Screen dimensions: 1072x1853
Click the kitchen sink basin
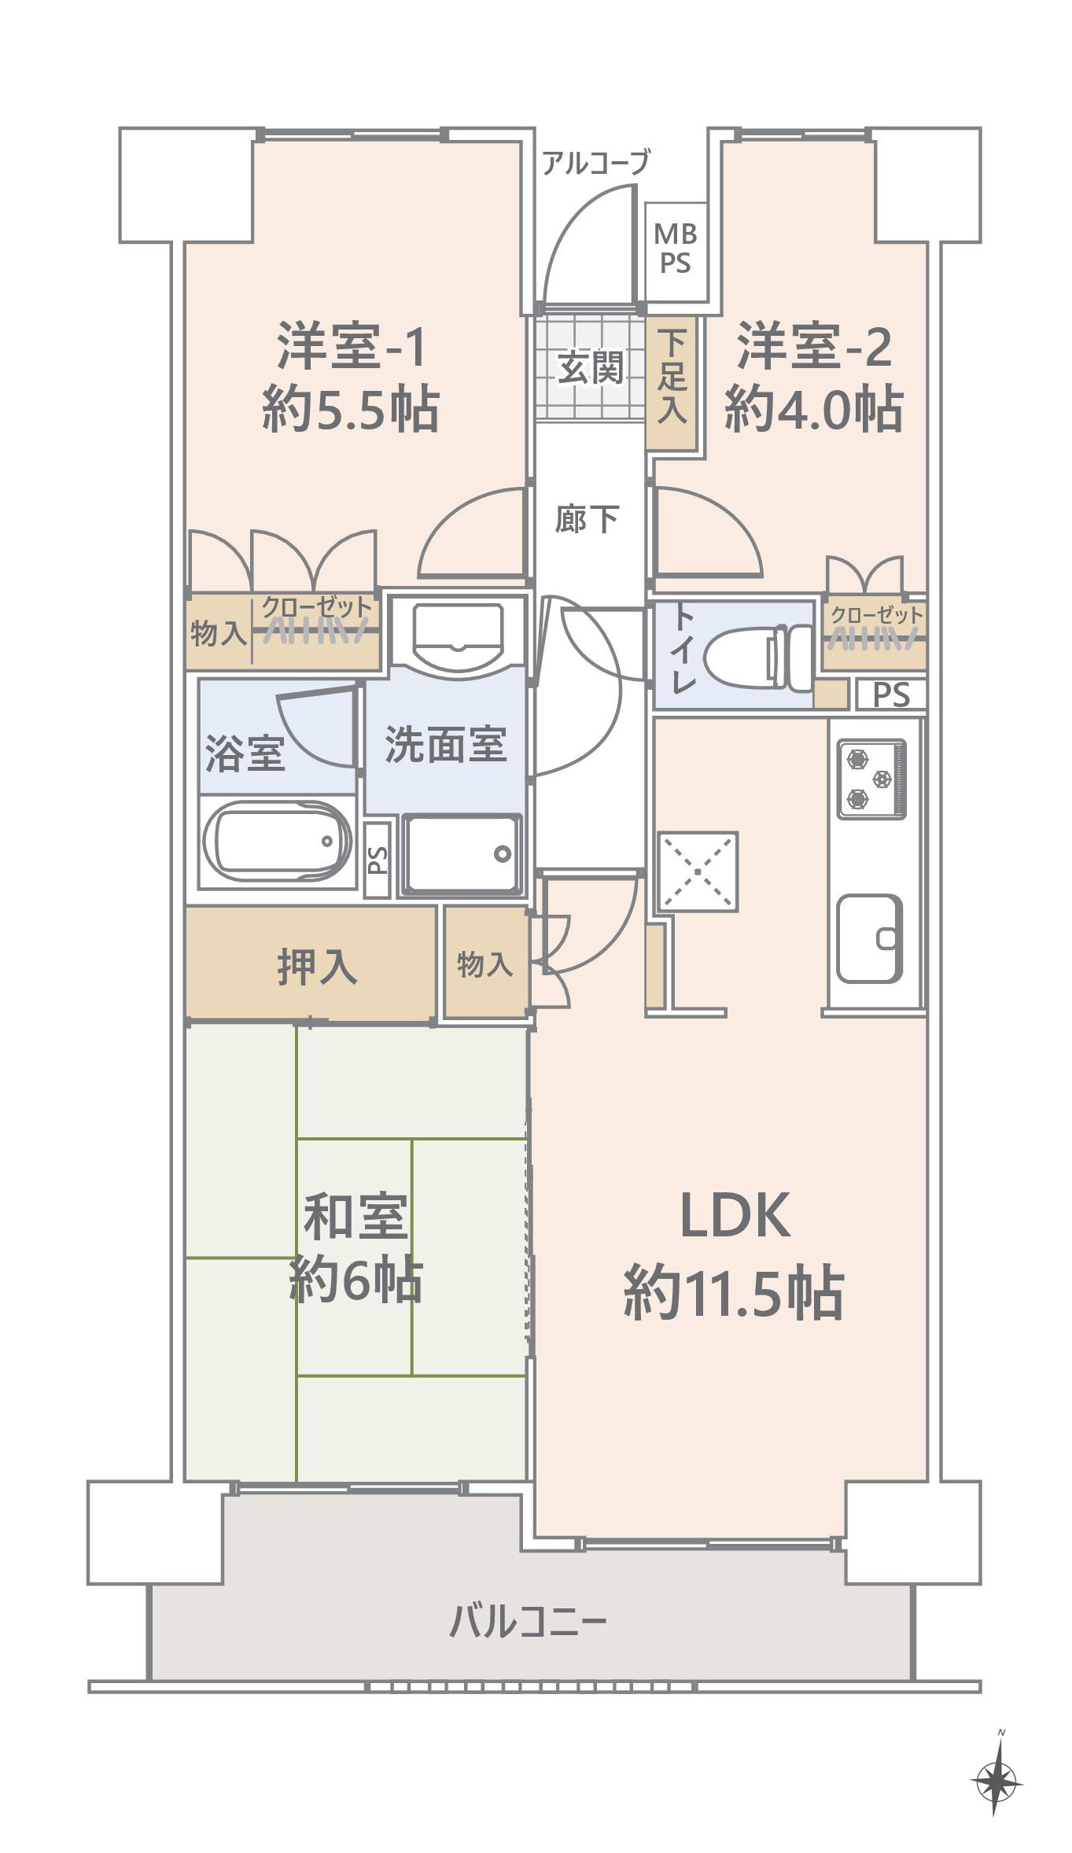pyautogui.click(x=869, y=938)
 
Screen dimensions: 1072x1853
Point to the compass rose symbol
pyautogui.click(x=996, y=1781)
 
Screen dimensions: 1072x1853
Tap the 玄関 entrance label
pyautogui.click(x=591, y=367)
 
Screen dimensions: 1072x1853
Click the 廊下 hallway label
pyautogui.click(x=587, y=520)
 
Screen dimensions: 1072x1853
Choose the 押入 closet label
pyautogui.click(x=317, y=967)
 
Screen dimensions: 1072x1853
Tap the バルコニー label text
pyautogui.click(x=528, y=1622)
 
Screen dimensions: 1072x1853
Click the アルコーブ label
pyautogui.click(x=596, y=163)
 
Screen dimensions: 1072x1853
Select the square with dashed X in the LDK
pyautogui.click(x=698, y=871)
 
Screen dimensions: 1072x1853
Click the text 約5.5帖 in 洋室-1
pyautogui.click(x=350, y=409)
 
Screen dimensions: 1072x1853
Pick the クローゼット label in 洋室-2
pyautogui.click(x=876, y=615)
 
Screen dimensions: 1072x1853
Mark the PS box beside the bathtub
pyautogui.click(x=378, y=860)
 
